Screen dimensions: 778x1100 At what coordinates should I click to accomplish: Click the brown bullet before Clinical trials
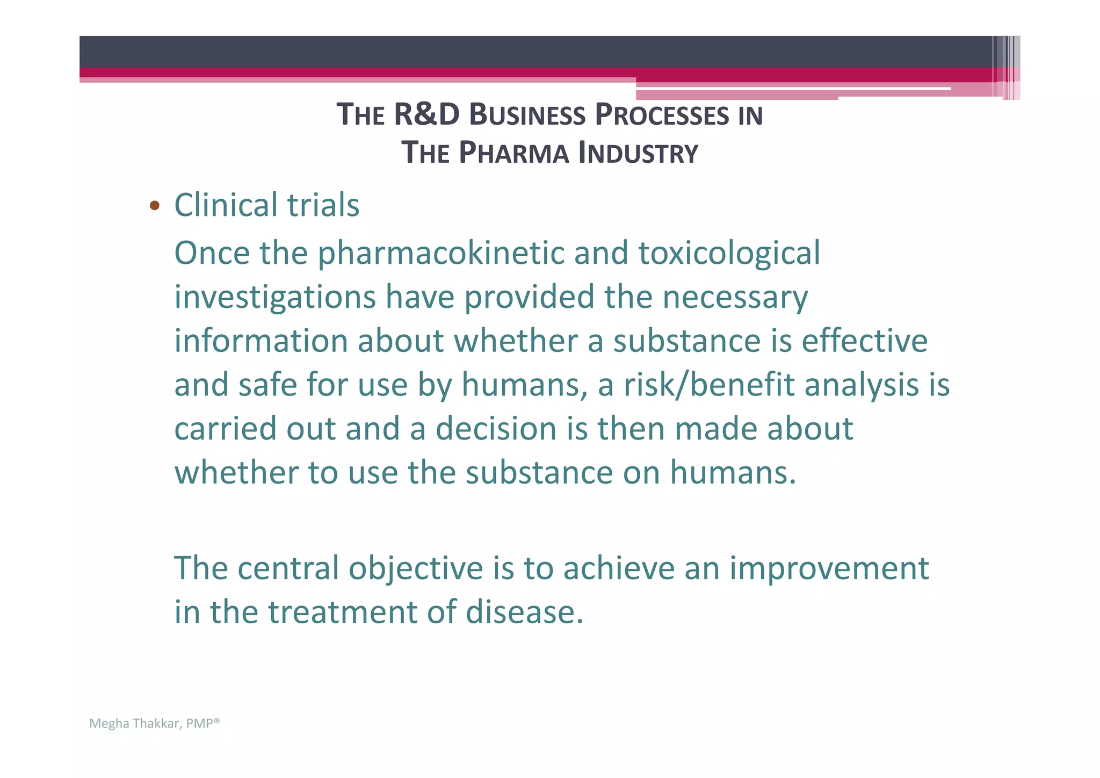pos(155,205)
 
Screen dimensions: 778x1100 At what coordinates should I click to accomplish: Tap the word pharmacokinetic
pos(440,253)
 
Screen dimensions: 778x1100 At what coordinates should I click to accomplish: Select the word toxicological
pos(729,253)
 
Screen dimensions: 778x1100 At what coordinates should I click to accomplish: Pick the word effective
pos(864,341)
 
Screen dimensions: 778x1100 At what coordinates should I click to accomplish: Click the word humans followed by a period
pos(733,473)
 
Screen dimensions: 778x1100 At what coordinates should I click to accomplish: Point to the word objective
pos(416,568)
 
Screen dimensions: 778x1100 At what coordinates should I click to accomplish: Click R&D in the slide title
pos(426,115)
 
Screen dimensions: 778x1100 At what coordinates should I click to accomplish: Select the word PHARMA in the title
pos(514,153)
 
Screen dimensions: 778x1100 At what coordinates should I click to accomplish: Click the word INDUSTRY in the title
pos(638,153)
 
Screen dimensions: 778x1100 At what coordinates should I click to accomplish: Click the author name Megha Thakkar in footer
pos(134,724)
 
